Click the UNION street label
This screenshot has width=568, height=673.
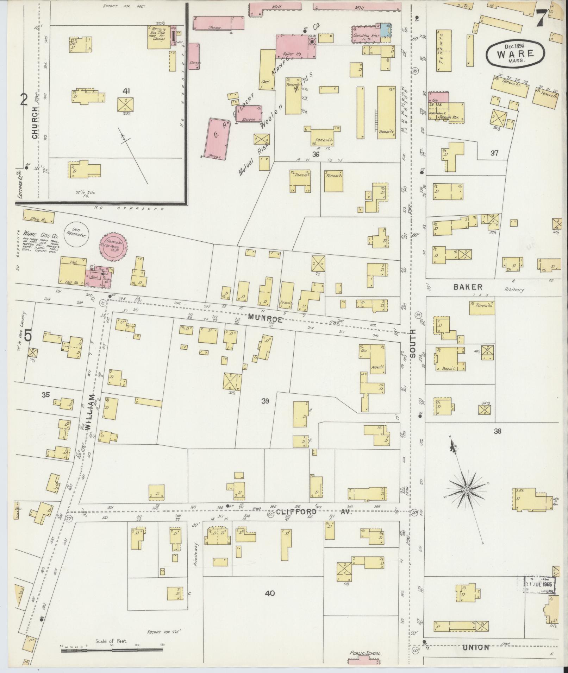[x=475, y=647]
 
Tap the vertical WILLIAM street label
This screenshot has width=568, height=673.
[x=90, y=411]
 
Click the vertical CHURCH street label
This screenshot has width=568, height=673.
[x=35, y=122]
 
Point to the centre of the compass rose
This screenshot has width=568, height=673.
[x=467, y=490]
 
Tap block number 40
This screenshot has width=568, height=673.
[x=270, y=593]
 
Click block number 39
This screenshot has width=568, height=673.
[x=265, y=401]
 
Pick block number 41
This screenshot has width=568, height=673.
[x=126, y=91]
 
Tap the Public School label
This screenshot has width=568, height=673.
[x=365, y=653]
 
